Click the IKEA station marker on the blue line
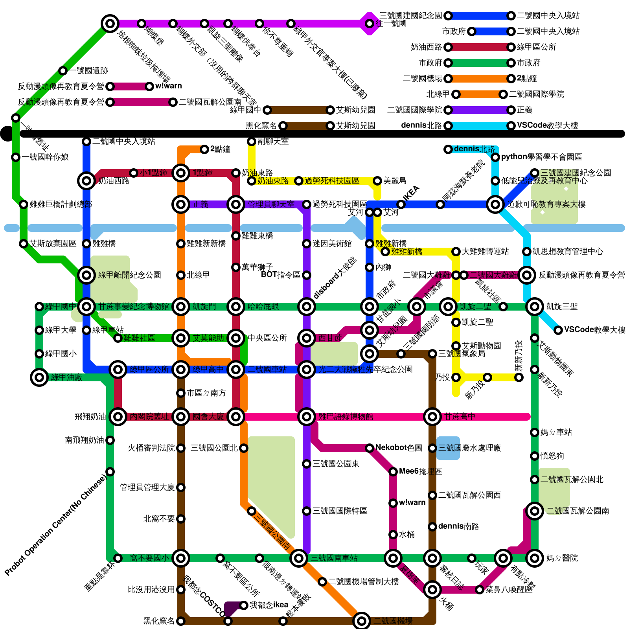pyautogui.click(x=401, y=204)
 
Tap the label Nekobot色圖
pyautogui.click(x=399, y=448)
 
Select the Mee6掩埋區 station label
pyautogui.click(x=420, y=471)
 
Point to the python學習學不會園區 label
pyautogui.click(x=541, y=157)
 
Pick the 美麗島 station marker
pyautogui.click(x=377, y=181)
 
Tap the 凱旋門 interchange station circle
pyautogui.click(x=181, y=307)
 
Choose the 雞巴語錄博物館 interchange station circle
pyautogui.click(x=307, y=417)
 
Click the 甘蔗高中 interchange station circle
pyautogui.click(x=432, y=417)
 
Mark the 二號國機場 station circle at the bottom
pyautogui.click(x=362, y=621)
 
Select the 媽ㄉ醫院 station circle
pyautogui.click(x=535, y=558)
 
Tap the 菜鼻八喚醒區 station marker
pyautogui.click(x=480, y=590)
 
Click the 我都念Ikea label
pyautogui.click(x=269, y=605)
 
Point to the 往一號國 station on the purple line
pyautogui.click(x=370, y=24)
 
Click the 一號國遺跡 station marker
pyautogui.click(x=63, y=71)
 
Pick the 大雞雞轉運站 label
pyautogui.click(x=485, y=251)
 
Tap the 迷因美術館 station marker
pyautogui.click(x=307, y=244)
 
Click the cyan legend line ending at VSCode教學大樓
pyautogui.click(x=480, y=126)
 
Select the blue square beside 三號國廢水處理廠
pyautogui.click(x=448, y=448)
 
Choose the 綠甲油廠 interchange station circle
pyautogui.click(x=39, y=377)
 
